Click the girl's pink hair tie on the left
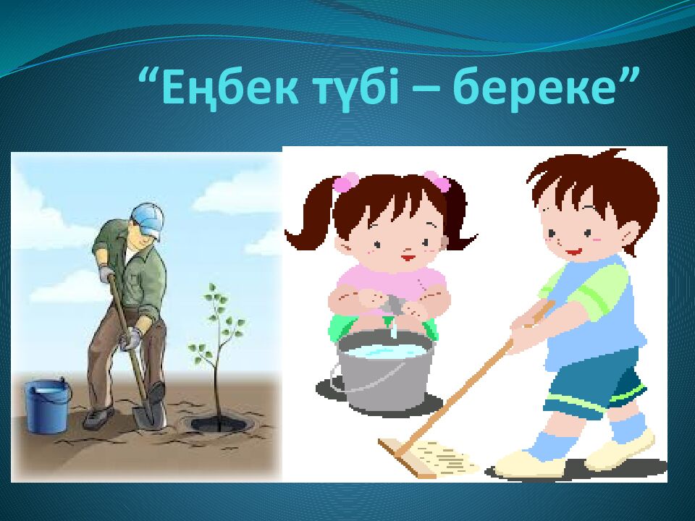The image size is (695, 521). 347,181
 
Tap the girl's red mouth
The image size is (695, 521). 407,255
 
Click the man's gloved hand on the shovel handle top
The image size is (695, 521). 107,274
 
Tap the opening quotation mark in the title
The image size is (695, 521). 148,76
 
